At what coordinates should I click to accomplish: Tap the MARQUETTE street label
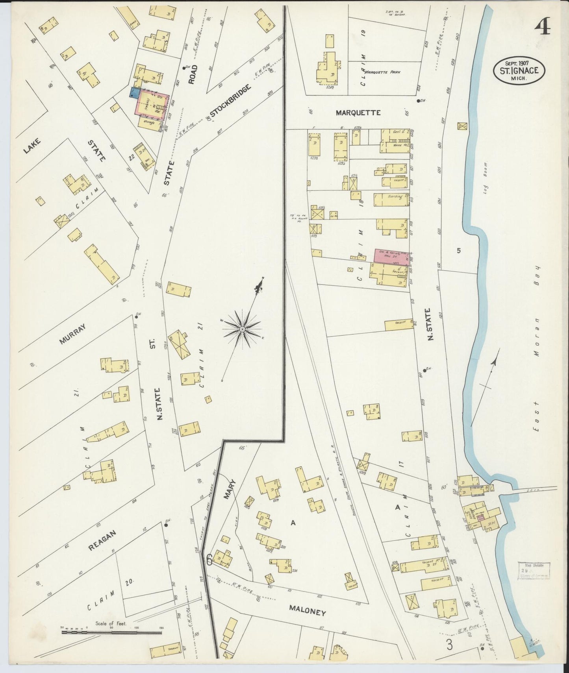358,113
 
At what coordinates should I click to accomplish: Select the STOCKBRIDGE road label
230,101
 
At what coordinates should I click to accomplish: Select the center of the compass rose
243,329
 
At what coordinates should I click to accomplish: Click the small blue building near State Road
133,93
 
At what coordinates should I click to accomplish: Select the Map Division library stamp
534,570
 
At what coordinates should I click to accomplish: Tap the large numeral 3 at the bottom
449,645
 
